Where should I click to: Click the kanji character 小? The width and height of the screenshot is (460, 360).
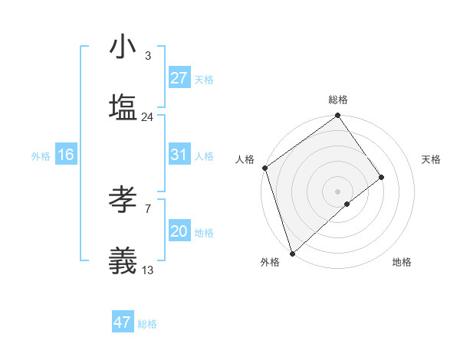(123, 47)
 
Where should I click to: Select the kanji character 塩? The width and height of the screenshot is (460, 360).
(123, 107)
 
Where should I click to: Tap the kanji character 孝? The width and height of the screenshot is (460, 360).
(123, 201)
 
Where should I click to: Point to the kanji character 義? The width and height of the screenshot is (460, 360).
(123, 260)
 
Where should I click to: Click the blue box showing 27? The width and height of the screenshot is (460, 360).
(179, 78)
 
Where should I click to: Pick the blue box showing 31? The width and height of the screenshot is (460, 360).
(179, 155)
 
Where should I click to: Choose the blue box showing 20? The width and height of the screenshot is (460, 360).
(179, 231)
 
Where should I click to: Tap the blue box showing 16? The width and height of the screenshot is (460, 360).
(65, 155)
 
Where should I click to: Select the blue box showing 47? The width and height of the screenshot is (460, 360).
(123, 322)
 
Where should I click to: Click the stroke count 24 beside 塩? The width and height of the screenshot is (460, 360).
(148, 117)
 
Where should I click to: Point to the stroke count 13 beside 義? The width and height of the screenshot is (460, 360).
(148, 270)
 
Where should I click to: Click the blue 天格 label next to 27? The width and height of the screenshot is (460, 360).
(204, 80)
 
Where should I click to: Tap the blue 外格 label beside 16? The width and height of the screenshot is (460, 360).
(41, 156)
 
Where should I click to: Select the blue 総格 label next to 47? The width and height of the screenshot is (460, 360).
(147, 324)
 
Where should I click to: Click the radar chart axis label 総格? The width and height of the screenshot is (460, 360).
(338, 100)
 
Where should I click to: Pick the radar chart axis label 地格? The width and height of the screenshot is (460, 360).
(402, 263)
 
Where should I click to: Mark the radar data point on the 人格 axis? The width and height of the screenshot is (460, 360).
(264, 167)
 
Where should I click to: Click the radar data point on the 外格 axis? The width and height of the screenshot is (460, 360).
(292, 253)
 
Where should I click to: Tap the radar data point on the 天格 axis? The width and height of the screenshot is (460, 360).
(381, 177)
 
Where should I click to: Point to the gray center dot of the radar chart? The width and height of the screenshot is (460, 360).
(337, 191)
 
